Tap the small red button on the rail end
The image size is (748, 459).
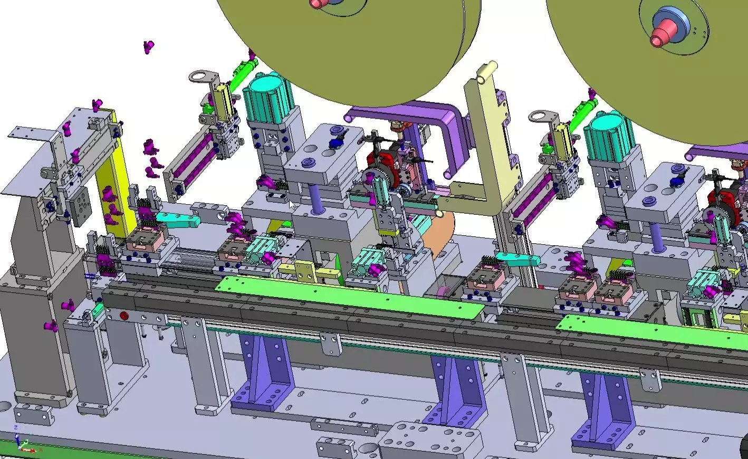124,316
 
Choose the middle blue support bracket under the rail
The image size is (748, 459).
454,390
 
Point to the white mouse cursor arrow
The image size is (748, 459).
291,205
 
